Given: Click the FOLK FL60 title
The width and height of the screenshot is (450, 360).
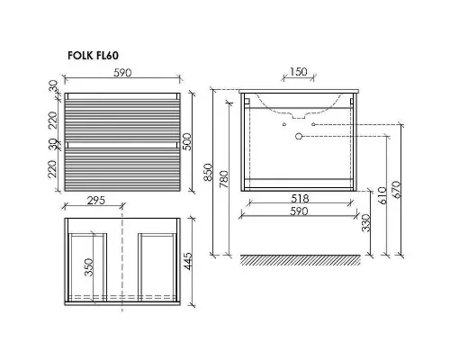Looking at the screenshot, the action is tap(93, 56).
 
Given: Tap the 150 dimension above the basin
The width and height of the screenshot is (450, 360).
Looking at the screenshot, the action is tap(299, 72).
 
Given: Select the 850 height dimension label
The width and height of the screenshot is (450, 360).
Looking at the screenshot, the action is tap(208, 172).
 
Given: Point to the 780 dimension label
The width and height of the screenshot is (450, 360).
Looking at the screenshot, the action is tap(224, 179).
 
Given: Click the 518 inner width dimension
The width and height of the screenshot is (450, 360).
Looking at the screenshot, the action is tap(300, 198).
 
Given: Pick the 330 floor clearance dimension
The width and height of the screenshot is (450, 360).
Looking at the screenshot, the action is tap(366, 223).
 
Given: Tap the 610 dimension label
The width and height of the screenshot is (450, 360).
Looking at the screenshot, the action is tap(382, 195).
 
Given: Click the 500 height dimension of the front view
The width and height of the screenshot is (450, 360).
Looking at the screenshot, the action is tap(186, 142).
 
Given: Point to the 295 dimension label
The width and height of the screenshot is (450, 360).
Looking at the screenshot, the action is tap(96, 200).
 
